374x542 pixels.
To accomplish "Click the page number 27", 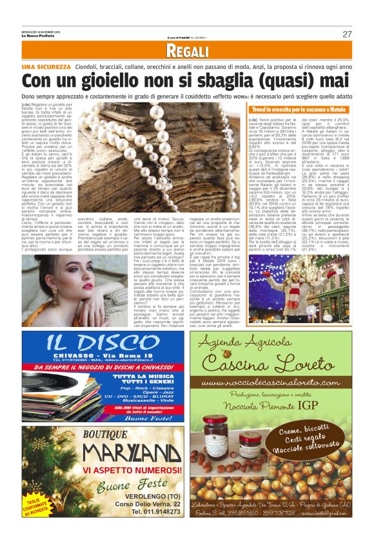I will click(x=347, y=34).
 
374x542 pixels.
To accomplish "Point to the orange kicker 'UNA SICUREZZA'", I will click(x=46, y=67).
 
